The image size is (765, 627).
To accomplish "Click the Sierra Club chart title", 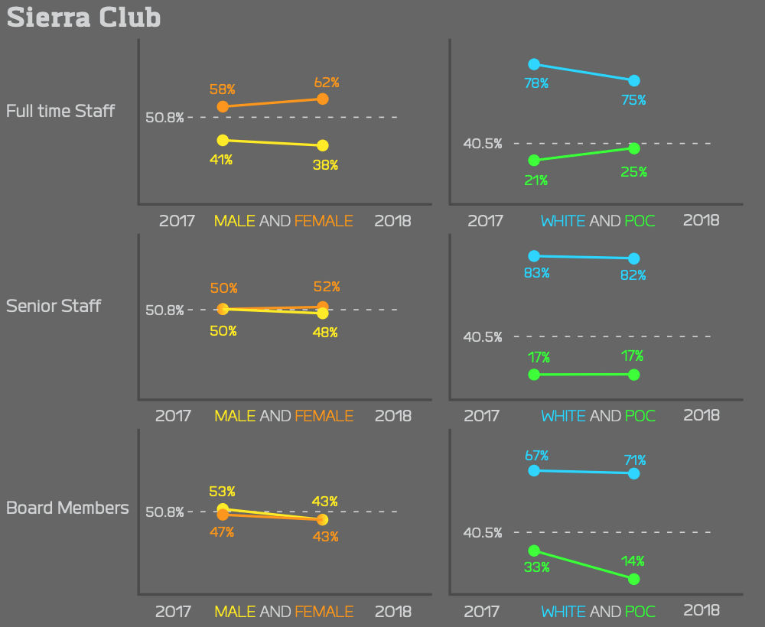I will tap(83, 18).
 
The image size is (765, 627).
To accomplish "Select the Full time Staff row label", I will tap(60, 111).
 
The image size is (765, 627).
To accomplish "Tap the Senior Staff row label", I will tap(54, 306).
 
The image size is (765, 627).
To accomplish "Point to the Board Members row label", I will tap(67, 508).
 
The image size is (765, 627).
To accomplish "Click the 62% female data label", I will tap(326, 82).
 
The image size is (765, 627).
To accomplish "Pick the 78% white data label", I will tap(536, 83).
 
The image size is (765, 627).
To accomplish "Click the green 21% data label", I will tap(536, 180).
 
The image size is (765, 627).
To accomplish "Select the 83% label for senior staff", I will tap(536, 273).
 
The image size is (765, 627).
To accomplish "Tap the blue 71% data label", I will tap(634, 460).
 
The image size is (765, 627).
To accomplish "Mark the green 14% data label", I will tap(633, 560).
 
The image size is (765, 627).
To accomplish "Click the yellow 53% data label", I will tap(222, 491).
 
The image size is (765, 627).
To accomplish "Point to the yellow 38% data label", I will tap(325, 164).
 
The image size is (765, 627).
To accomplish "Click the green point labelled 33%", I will tap(534, 550).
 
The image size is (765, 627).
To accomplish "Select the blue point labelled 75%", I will tap(633, 81).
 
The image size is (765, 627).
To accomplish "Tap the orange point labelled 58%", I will tap(223, 106).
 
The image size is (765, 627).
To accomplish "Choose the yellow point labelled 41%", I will tap(223, 140).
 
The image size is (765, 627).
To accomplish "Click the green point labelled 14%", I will tap(633, 579).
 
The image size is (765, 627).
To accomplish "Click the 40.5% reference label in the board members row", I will tap(483, 532).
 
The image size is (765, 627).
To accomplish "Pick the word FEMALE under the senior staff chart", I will tap(324, 416).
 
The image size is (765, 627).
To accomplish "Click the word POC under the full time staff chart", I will tap(640, 221).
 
